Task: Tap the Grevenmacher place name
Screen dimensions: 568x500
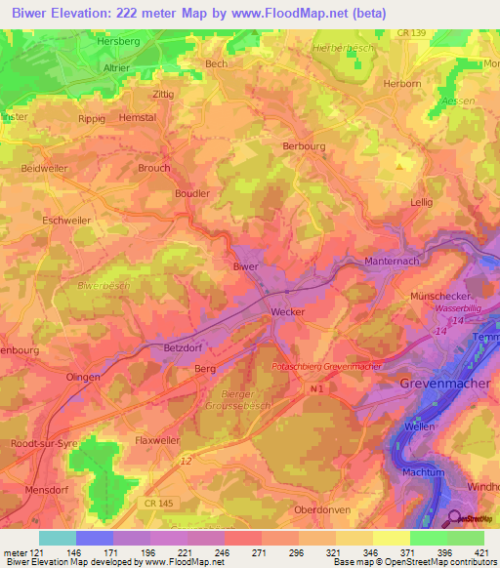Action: point(440,384)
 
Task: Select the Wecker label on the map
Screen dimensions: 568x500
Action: point(287,312)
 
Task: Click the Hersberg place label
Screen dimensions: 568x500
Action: point(118,44)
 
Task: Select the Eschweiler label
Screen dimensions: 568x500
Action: point(66,221)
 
